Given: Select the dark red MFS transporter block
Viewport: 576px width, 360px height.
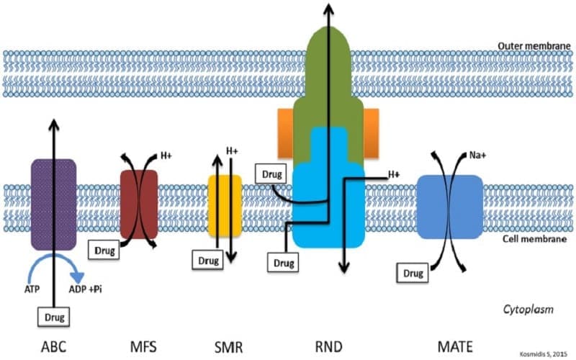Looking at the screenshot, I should coord(138,204).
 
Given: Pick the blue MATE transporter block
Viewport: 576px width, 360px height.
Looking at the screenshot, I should coord(449,205).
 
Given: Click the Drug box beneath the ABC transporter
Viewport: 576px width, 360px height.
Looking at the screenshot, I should coord(54,315).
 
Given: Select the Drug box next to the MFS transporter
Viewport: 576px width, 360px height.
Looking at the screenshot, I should coord(104,249).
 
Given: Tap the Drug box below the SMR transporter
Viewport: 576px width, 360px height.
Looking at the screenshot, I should coord(207,259).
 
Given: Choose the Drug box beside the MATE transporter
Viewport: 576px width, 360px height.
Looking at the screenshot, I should coord(411,274).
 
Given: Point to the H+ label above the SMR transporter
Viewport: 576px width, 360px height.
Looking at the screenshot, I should coord(232,151).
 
